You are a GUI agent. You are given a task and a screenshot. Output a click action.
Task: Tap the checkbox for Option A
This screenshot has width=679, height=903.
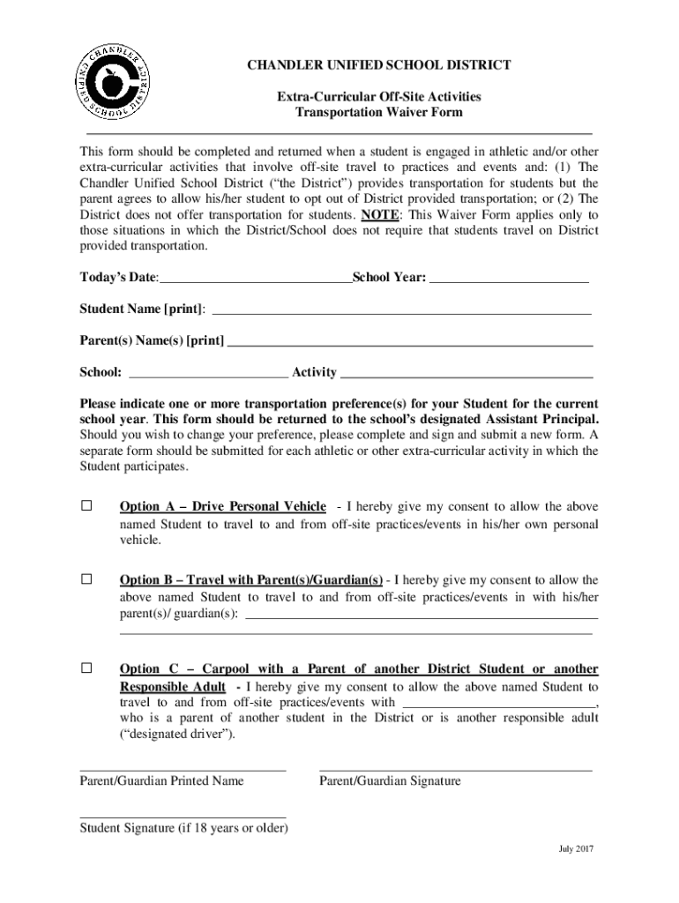pos(86,506)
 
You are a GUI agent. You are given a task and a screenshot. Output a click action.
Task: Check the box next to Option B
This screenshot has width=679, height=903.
pos(86,579)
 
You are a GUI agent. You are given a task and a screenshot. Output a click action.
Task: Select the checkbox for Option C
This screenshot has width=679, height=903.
pos(86,668)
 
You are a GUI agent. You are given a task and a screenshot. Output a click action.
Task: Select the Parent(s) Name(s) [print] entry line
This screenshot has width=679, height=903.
pos(410,342)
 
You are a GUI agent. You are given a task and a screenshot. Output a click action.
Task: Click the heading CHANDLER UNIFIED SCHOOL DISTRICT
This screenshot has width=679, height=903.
pos(378,66)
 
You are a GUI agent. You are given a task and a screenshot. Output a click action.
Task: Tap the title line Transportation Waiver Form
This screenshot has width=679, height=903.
pos(378,113)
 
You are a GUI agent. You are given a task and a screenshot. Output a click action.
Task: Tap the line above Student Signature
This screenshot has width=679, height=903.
pos(183,817)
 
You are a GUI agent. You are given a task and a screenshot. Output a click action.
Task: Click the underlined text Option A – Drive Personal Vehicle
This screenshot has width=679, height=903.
pos(222,507)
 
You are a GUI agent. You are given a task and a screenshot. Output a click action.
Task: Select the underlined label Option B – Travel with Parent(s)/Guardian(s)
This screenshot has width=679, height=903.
pos(250,580)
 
